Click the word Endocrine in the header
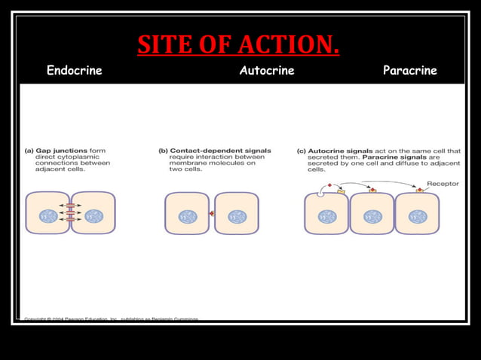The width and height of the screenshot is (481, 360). point(74,72)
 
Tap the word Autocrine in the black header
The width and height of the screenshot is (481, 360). point(267,72)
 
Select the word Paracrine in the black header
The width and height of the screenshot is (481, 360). point(410,72)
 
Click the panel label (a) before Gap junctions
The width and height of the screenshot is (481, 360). point(29,150)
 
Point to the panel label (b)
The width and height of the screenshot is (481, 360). point(163,150)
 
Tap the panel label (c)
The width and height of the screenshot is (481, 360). point(302,150)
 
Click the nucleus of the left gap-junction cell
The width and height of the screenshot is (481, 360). point(47,216)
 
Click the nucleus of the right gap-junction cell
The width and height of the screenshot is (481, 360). point(93,216)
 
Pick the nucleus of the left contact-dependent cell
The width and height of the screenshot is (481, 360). point(187,216)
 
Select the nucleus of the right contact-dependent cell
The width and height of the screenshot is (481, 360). point(237,216)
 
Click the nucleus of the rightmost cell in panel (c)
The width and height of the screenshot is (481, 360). point(418,216)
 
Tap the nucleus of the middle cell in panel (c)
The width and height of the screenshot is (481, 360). point(372,216)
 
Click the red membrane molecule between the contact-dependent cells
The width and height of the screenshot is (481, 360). point(212,215)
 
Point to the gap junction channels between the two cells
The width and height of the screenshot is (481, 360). point(70,213)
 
